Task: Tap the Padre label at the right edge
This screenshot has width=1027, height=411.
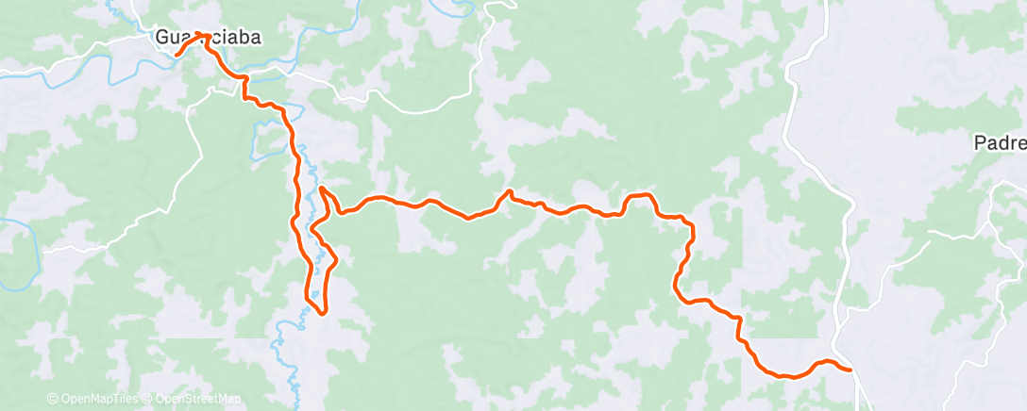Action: click(1000, 143)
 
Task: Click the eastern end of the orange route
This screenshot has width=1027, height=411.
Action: click(850, 370)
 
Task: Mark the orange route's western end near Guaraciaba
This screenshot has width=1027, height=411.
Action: click(177, 55)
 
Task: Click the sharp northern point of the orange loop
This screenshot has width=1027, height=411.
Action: click(322, 189)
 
